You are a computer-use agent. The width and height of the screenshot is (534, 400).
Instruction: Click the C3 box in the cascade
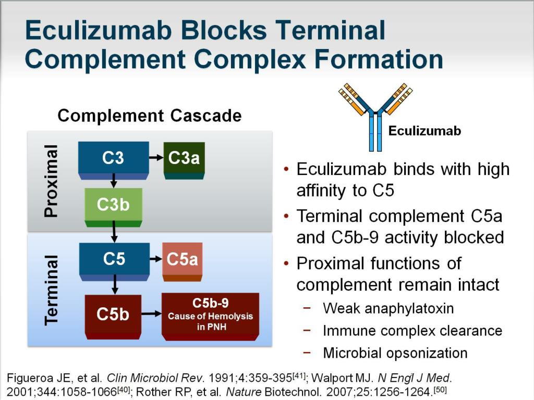coord(113,158)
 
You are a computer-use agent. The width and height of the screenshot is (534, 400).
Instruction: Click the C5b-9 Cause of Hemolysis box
coord(210,315)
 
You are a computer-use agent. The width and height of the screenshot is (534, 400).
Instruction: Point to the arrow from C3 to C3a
coord(156,157)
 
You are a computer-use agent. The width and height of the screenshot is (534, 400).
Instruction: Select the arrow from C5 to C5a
coord(156,259)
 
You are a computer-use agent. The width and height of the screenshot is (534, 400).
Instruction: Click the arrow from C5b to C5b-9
coord(151,314)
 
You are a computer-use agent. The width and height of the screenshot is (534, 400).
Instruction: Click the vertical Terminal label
coord(51,290)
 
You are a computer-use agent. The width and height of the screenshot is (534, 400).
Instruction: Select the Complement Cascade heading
coord(149,115)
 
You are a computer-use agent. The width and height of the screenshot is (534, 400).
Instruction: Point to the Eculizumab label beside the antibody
coord(424,131)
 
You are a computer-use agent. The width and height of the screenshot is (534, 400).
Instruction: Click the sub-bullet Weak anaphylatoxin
coord(388,308)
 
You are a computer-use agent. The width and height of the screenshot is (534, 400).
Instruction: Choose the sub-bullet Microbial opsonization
coord(395,353)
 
